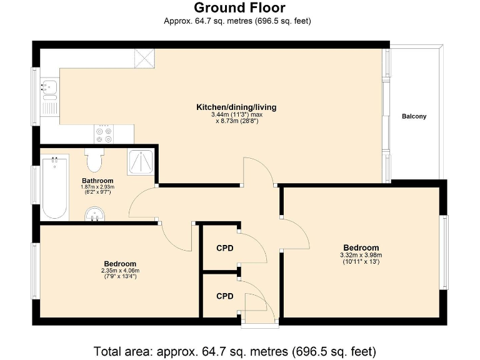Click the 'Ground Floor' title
coord(239,8)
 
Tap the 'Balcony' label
coord(414,116)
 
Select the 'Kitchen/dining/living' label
coord(236,107)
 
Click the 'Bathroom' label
coord(97,181)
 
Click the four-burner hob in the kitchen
coord(103,132)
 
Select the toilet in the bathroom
coord(94,161)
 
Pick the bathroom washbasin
coord(96,214)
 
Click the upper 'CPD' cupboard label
coord(225,248)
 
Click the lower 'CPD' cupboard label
coord(225,296)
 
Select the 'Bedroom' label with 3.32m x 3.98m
coord(361,247)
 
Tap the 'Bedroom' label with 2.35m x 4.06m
coord(120,264)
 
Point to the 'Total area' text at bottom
coord(235,350)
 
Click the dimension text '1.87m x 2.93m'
coord(97,187)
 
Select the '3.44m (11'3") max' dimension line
coord(236,114)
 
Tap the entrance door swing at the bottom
coord(257,306)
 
